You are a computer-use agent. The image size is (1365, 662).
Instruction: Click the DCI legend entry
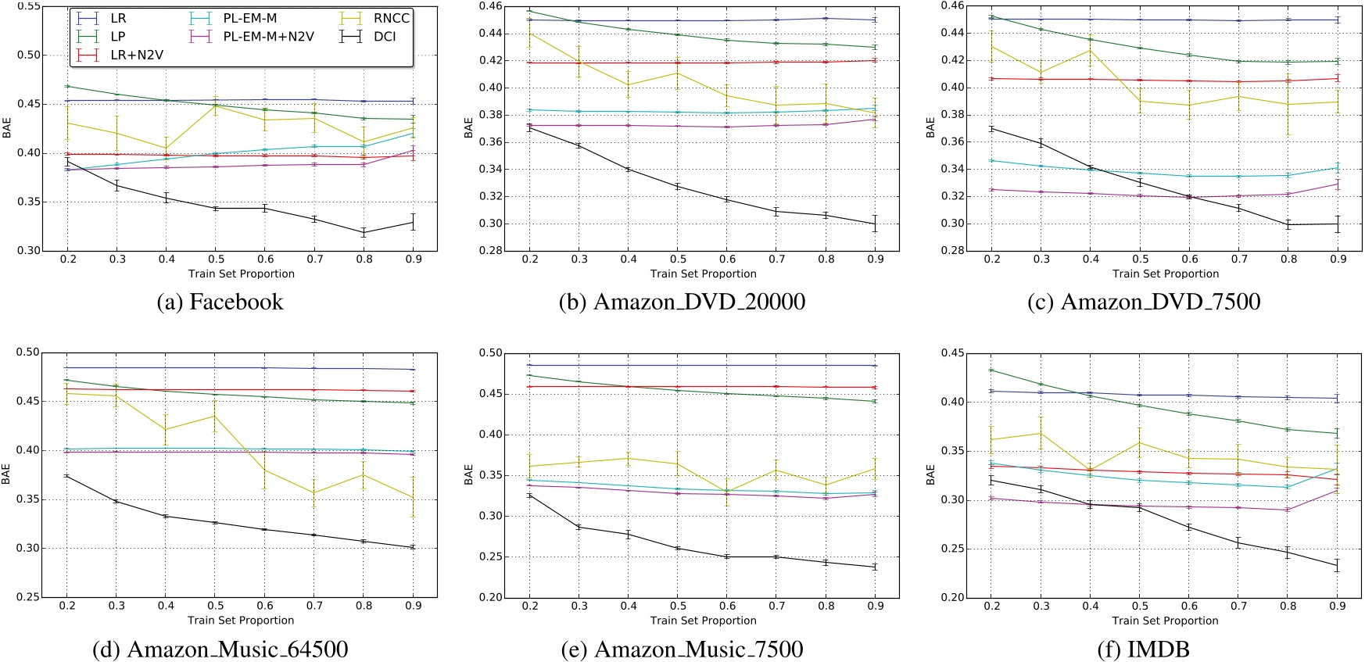point(384,36)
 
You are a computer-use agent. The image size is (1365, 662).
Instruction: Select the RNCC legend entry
point(391,18)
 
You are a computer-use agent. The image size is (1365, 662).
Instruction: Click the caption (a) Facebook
point(220,302)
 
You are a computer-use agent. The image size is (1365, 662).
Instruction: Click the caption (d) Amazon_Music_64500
point(220,649)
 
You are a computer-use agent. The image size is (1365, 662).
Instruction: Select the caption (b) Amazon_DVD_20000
point(682,302)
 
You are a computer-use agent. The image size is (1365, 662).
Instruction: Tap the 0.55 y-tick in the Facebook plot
point(30,6)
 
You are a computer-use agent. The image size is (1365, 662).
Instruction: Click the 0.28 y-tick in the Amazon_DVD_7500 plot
point(953,251)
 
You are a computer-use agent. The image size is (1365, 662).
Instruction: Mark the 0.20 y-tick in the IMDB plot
point(953,598)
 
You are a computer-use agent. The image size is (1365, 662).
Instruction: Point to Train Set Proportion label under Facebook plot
point(241,274)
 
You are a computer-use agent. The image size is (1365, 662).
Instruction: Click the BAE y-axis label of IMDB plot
point(930,474)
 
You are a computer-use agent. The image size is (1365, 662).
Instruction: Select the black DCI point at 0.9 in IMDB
point(1338,566)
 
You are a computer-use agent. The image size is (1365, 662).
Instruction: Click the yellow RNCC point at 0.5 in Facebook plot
point(216,105)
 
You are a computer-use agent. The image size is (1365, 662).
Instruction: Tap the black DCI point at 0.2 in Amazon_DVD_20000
point(529,127)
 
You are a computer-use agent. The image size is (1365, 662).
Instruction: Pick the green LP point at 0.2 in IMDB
point(991,370)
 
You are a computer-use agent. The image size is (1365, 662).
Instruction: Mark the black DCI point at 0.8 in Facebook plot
point(364,232)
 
